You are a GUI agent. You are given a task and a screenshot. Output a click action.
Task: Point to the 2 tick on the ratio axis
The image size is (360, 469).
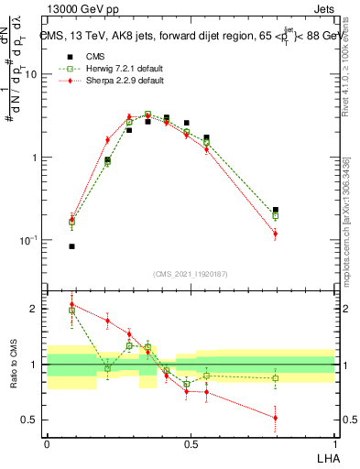tap(35, 309)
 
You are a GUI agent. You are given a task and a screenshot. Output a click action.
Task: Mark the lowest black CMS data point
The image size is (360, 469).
tap(71, 246)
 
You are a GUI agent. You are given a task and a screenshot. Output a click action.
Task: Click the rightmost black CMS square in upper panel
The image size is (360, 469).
tap(276, 210)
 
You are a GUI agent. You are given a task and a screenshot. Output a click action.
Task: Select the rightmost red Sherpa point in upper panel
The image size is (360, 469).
tap(276, 234)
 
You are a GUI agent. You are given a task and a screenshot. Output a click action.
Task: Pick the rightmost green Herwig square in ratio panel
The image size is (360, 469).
tap(276, 378)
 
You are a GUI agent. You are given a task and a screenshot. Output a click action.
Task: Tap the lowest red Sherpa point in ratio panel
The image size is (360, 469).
tap(276, 418)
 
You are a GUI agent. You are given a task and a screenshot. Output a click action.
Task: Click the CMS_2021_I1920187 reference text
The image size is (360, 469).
tap(191, 274)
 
